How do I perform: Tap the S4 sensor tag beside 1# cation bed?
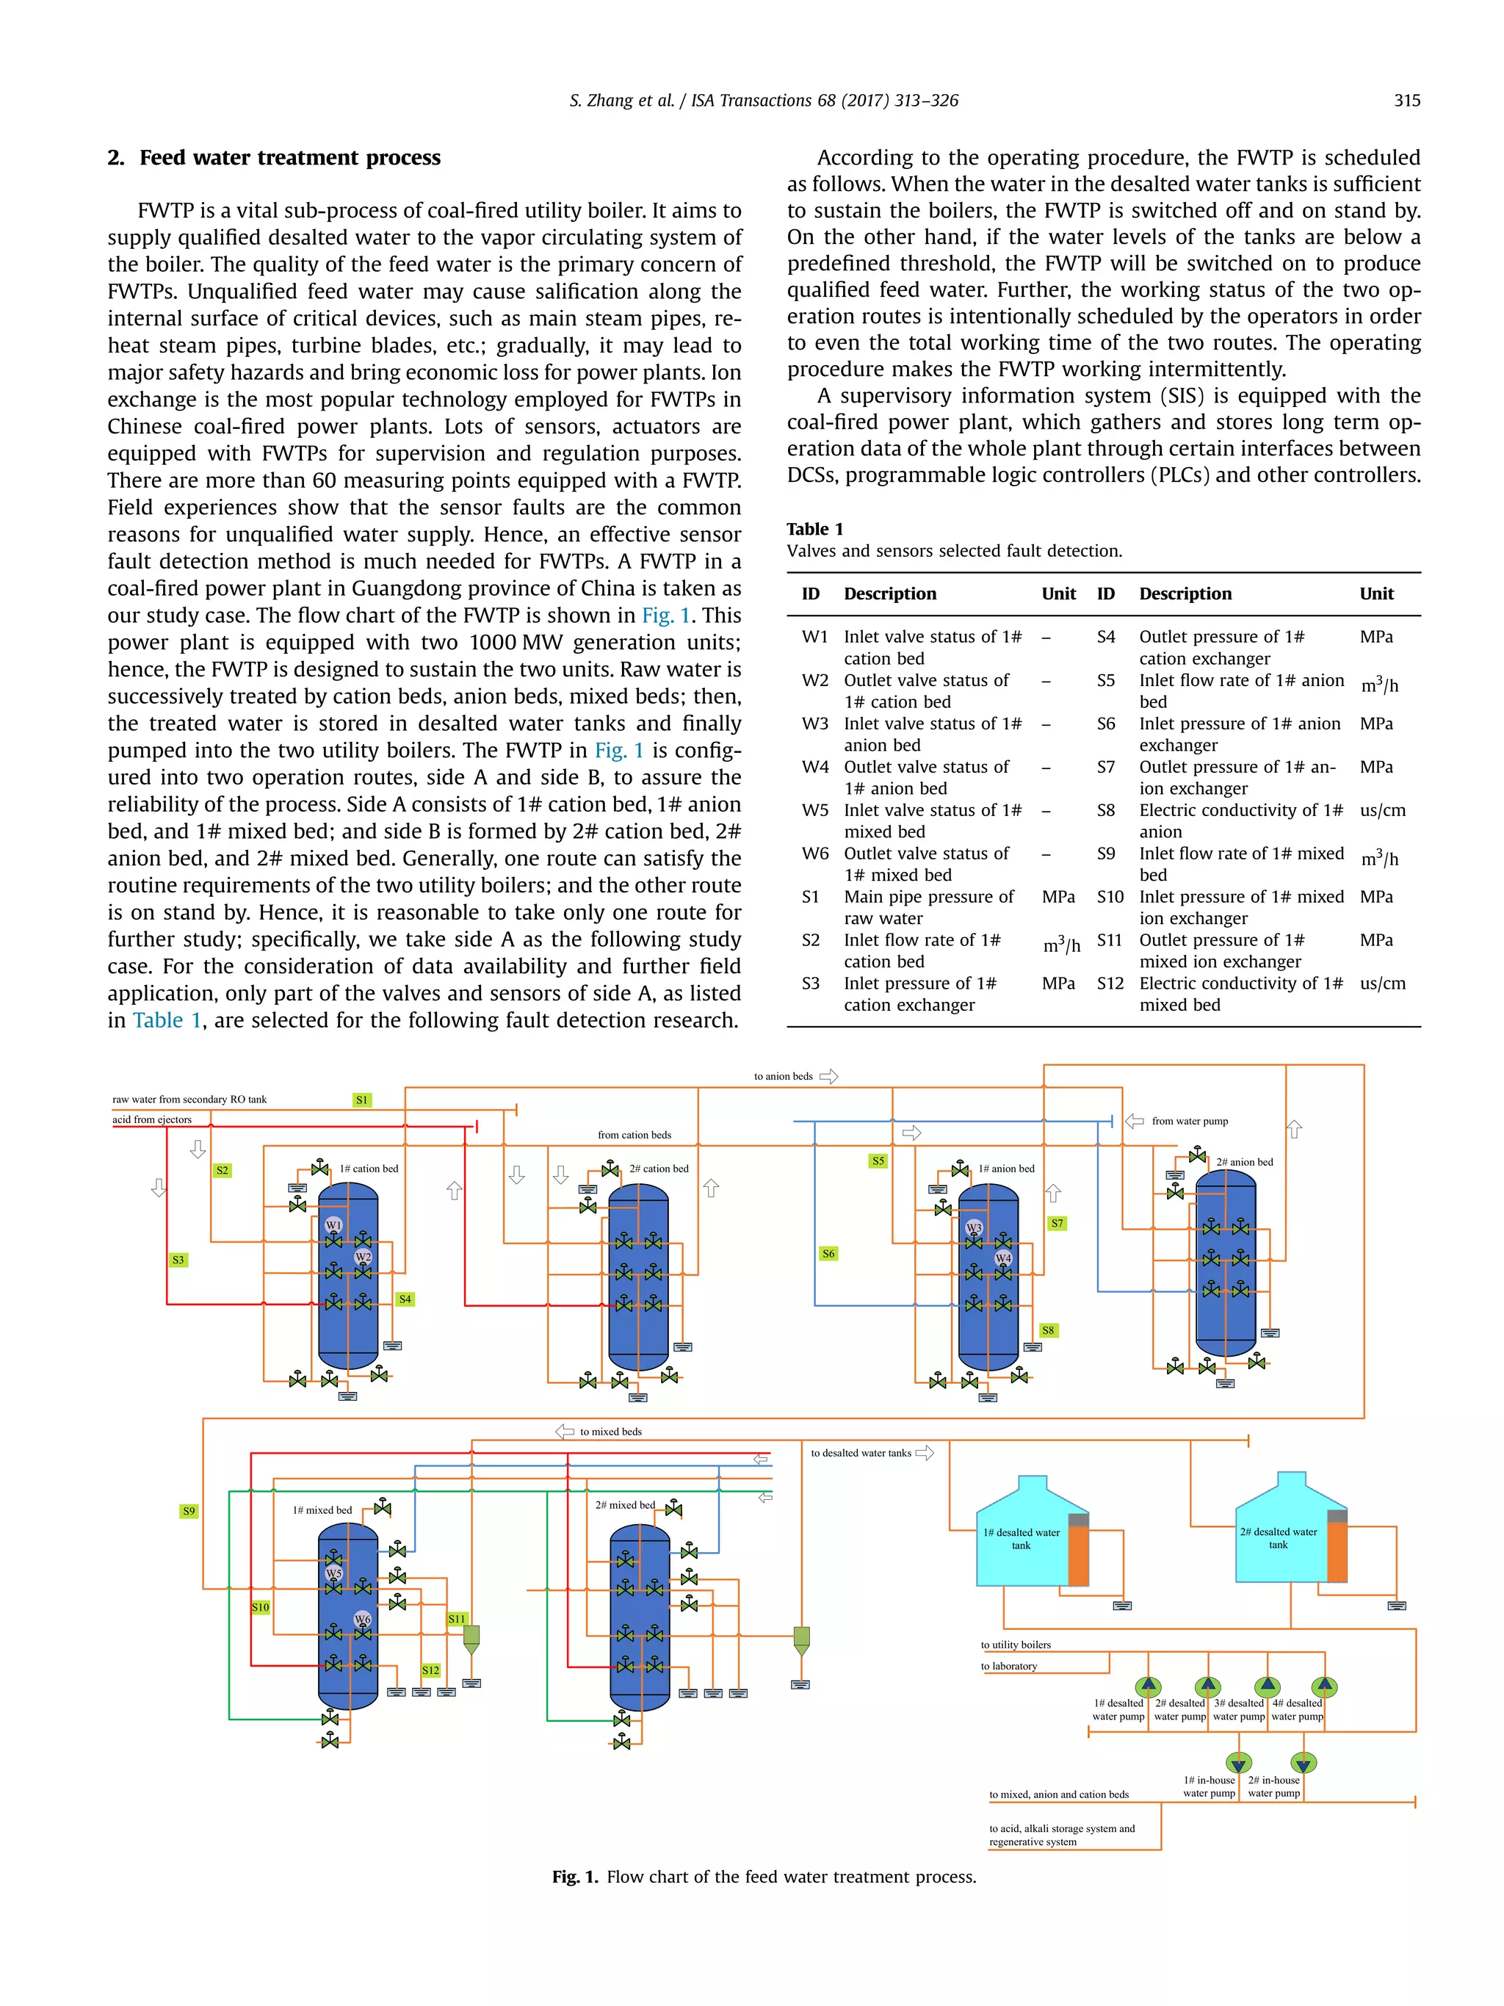click(405, 1299)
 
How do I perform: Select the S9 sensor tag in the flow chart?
click(189, 1511)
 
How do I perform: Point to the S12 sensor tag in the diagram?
click(430, 1670)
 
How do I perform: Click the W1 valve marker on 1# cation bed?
click(333, 1225)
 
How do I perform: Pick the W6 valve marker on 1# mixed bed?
click(363, 1619)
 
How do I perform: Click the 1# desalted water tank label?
click(1021, 1539)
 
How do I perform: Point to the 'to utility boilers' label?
click(1016, 1644)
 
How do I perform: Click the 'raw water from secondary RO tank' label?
click(189, 1099)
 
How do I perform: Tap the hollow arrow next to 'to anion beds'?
click(828, 1077)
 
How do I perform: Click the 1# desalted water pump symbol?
click(1149, 1686)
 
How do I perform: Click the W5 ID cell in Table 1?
click(815, 810)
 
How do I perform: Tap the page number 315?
click(1406, 101)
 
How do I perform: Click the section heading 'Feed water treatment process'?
click(289, 158)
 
